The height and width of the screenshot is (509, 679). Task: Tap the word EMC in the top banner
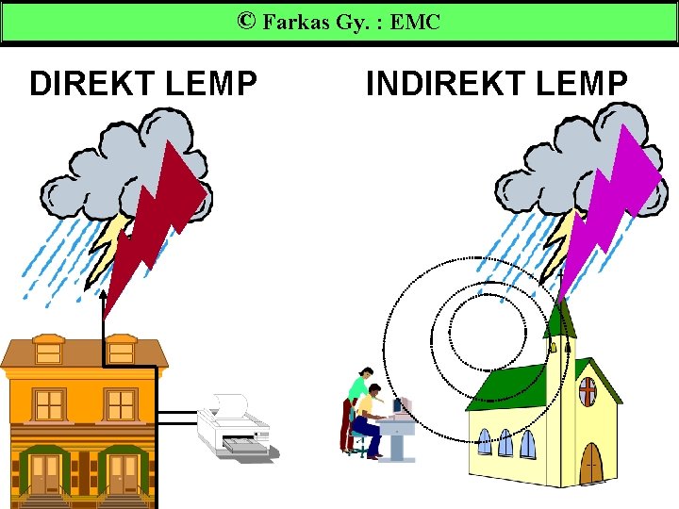tap(415, 22)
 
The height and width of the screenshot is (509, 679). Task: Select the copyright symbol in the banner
tap(246, 21)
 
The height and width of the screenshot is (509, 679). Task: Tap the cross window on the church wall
tap(587, 391)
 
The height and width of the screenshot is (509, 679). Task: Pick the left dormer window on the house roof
tap(48, 352)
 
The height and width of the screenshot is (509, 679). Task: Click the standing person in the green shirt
tap(353, 405)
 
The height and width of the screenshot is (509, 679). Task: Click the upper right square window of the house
tap(121, 404)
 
